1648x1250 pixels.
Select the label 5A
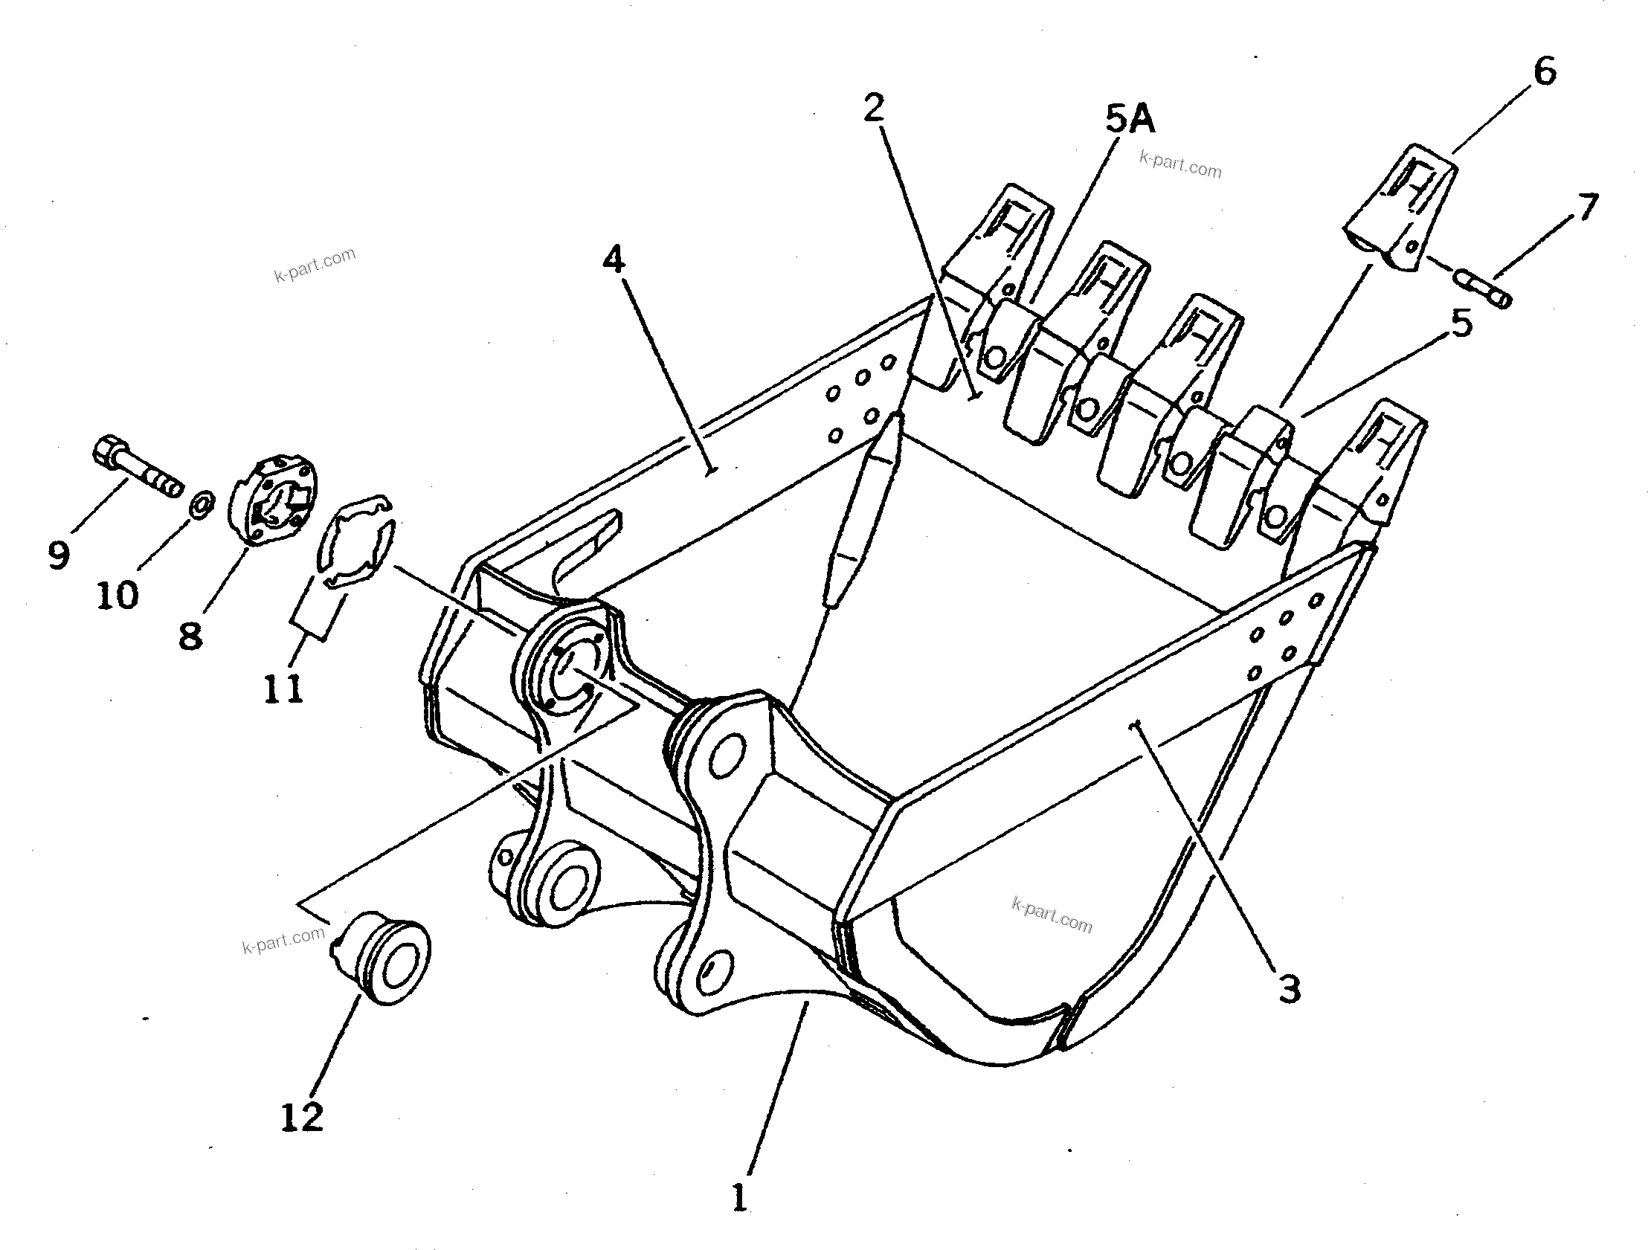[x=1130, y=120]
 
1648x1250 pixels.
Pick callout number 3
[x=1290, y=989]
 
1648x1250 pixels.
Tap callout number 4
[x=614, y=260]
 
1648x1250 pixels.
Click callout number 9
[x=58, y=554]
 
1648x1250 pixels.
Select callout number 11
[x=284, y=689]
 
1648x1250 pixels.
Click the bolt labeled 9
[x=138, y=468]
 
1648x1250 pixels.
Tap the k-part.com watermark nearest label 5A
[x=1181, y=164]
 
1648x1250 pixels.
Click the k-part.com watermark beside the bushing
[x=284, y=940]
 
